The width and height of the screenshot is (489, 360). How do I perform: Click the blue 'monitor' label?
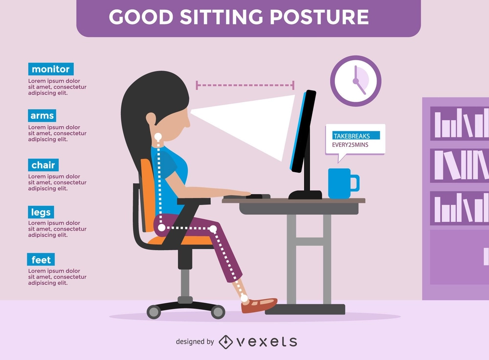click(51, 69)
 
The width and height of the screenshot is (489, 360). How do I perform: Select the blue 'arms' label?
click(42, 115)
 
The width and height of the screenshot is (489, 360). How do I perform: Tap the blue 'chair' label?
click(43, 165)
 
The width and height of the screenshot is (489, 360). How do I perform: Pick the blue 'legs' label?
click(41, 212)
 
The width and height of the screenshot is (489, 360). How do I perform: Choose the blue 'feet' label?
click(41, 260)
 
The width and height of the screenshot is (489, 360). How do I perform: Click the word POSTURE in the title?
click(319, 17)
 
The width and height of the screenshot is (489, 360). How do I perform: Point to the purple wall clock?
click(356, 81)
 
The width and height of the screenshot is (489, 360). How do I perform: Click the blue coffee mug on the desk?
click(343, 183)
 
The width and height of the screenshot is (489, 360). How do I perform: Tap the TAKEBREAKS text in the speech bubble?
click(352, 136)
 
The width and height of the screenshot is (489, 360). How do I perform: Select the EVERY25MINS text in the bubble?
click(350, 145)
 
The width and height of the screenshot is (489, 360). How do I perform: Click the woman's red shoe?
click(259, 305)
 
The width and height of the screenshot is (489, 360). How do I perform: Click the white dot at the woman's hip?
click(161, 228)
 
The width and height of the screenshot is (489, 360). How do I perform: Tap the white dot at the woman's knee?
click(213, 229)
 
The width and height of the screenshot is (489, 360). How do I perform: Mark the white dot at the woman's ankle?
click(244, 298)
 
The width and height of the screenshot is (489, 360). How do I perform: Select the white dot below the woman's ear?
click(158, 136)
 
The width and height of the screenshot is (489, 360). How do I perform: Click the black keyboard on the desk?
click(247, 197)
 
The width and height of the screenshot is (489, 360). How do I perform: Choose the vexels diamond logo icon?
click(225, 342)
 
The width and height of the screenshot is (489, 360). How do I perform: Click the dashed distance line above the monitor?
click(245, 85)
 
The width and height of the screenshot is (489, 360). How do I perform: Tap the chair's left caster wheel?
click(154, 312)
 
